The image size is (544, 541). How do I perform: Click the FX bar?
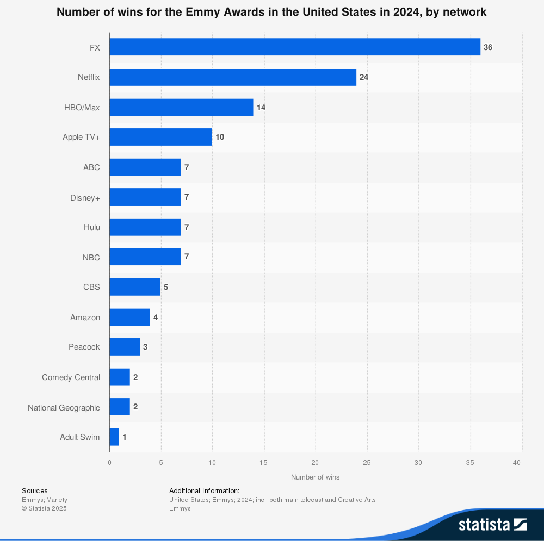294,47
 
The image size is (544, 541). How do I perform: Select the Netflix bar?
232,77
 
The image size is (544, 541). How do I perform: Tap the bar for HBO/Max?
181,108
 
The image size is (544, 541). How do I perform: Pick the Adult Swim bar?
114,437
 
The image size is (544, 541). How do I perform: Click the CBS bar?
134,287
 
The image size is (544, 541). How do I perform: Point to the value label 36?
488,47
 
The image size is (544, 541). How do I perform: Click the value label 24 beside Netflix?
364,77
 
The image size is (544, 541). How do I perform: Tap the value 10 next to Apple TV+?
220,137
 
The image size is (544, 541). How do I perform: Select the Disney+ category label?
85,197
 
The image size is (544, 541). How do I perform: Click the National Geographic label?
64,408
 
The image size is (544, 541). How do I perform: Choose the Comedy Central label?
71,377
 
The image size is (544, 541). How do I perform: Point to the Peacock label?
84,347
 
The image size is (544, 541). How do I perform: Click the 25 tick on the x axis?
367,463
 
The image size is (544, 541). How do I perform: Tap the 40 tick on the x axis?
517,463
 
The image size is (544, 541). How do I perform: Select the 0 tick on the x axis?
109,463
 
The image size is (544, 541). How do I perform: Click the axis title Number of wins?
315,477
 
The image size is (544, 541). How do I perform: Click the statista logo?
492,524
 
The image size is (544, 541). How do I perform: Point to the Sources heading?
35,490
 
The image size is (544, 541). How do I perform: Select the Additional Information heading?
204,490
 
